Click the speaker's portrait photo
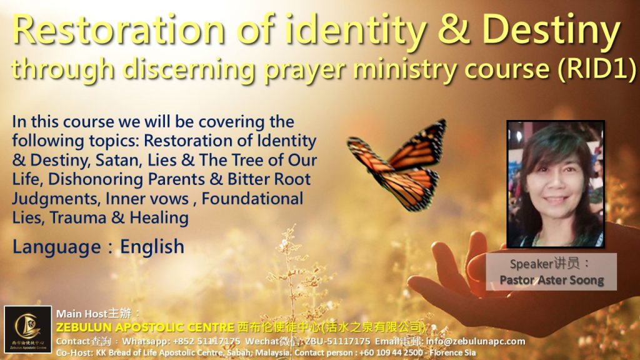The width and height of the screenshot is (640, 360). [556, 184]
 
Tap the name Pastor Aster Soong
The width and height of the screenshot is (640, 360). [551, 280]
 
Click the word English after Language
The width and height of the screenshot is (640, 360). [152, 247]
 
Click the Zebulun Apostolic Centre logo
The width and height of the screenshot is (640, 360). [28, 329]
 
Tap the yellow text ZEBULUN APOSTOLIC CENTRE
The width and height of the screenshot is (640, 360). [145, 327]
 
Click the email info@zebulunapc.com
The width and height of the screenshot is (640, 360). [476, 341]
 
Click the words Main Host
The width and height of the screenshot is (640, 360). [82, 314]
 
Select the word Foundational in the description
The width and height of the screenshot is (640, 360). [252, 199]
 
